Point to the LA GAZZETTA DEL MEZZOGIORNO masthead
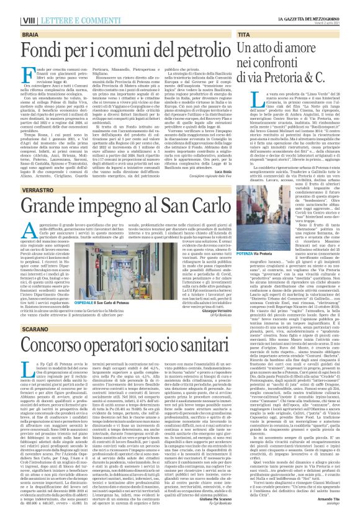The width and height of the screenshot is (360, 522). [x=316, y=4]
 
